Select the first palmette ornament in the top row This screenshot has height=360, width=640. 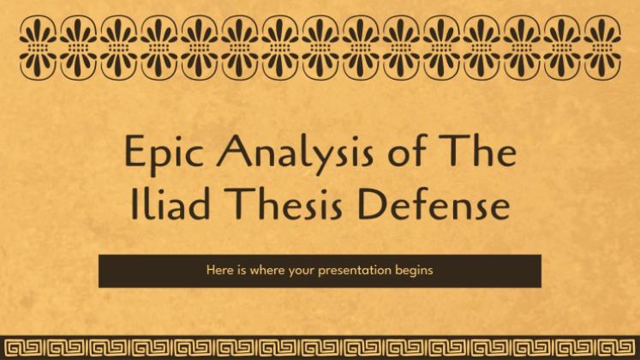(38, 48)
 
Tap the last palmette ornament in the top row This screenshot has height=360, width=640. (602, 48)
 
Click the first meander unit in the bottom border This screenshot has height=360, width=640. (24, 348)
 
